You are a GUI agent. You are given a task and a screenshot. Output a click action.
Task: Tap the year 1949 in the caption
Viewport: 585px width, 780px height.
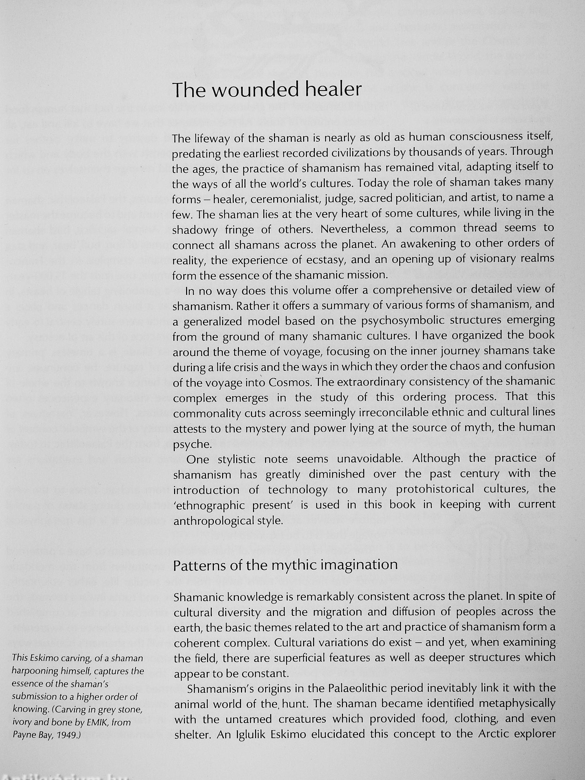[x=67, y=735]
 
